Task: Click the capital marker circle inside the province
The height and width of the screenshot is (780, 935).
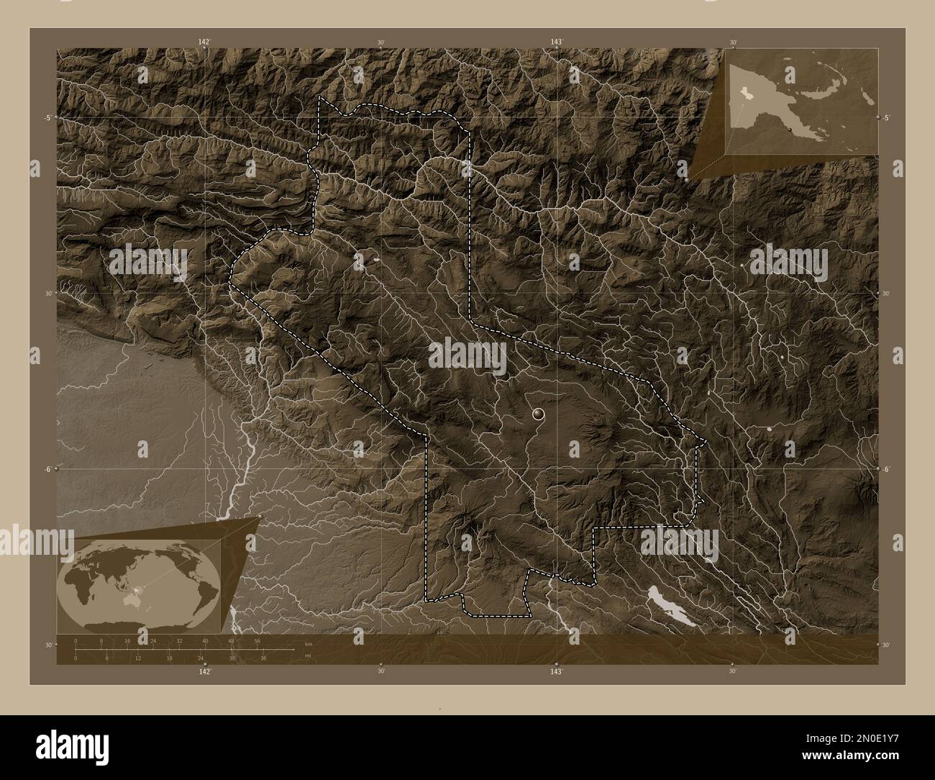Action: click(537, 414)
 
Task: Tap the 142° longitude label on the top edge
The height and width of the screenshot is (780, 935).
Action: click(205, 42)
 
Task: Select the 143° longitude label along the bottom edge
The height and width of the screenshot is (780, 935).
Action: click(556, 671)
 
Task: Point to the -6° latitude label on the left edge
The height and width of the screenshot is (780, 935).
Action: click(47, 468)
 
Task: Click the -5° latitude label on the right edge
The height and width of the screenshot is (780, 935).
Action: click(886, 117)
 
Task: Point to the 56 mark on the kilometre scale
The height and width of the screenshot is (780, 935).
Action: click(257, 640)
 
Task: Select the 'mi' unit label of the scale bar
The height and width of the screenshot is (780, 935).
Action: click(309, 655)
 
